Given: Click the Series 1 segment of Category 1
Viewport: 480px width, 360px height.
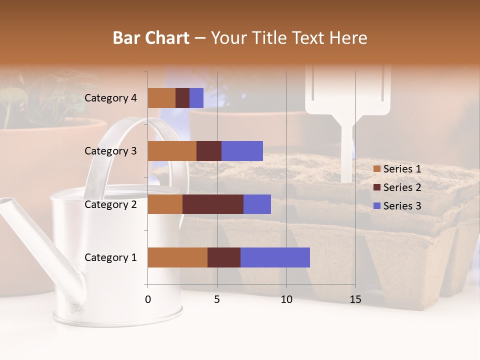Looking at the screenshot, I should [177, 257].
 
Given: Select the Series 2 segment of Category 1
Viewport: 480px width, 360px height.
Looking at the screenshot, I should [224, 257].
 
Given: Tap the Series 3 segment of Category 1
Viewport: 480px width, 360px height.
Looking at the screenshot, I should [275, 257].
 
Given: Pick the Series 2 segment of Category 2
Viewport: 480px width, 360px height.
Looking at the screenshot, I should [213, 204].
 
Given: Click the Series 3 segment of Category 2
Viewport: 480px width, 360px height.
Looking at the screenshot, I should [257, 204].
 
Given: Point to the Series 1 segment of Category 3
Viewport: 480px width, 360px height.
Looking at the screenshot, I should [172, 151].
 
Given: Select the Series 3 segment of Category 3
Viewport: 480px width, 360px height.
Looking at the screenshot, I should [242, 151].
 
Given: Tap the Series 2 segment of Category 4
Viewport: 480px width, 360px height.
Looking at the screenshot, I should [182, 98].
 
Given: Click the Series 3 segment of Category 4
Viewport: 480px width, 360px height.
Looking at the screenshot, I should [196, 98].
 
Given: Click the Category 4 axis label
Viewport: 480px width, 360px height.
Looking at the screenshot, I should [110, 98].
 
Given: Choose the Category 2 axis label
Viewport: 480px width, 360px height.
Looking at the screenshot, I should [110, 204].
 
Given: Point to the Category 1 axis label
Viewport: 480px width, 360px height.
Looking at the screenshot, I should [110, 257].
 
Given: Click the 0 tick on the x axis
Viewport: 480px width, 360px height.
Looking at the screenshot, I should [148, 299].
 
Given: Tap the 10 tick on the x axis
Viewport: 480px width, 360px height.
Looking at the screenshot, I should [286, 299].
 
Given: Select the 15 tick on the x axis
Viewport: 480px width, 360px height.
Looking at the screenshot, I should [355, 299].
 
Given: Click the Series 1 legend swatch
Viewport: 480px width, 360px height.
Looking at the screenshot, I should [377, 169].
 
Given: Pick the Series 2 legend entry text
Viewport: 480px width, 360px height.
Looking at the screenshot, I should [402, 187].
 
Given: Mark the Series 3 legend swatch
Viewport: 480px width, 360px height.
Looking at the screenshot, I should [377, 206].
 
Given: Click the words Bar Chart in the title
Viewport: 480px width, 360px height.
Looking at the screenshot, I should [150, 38].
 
